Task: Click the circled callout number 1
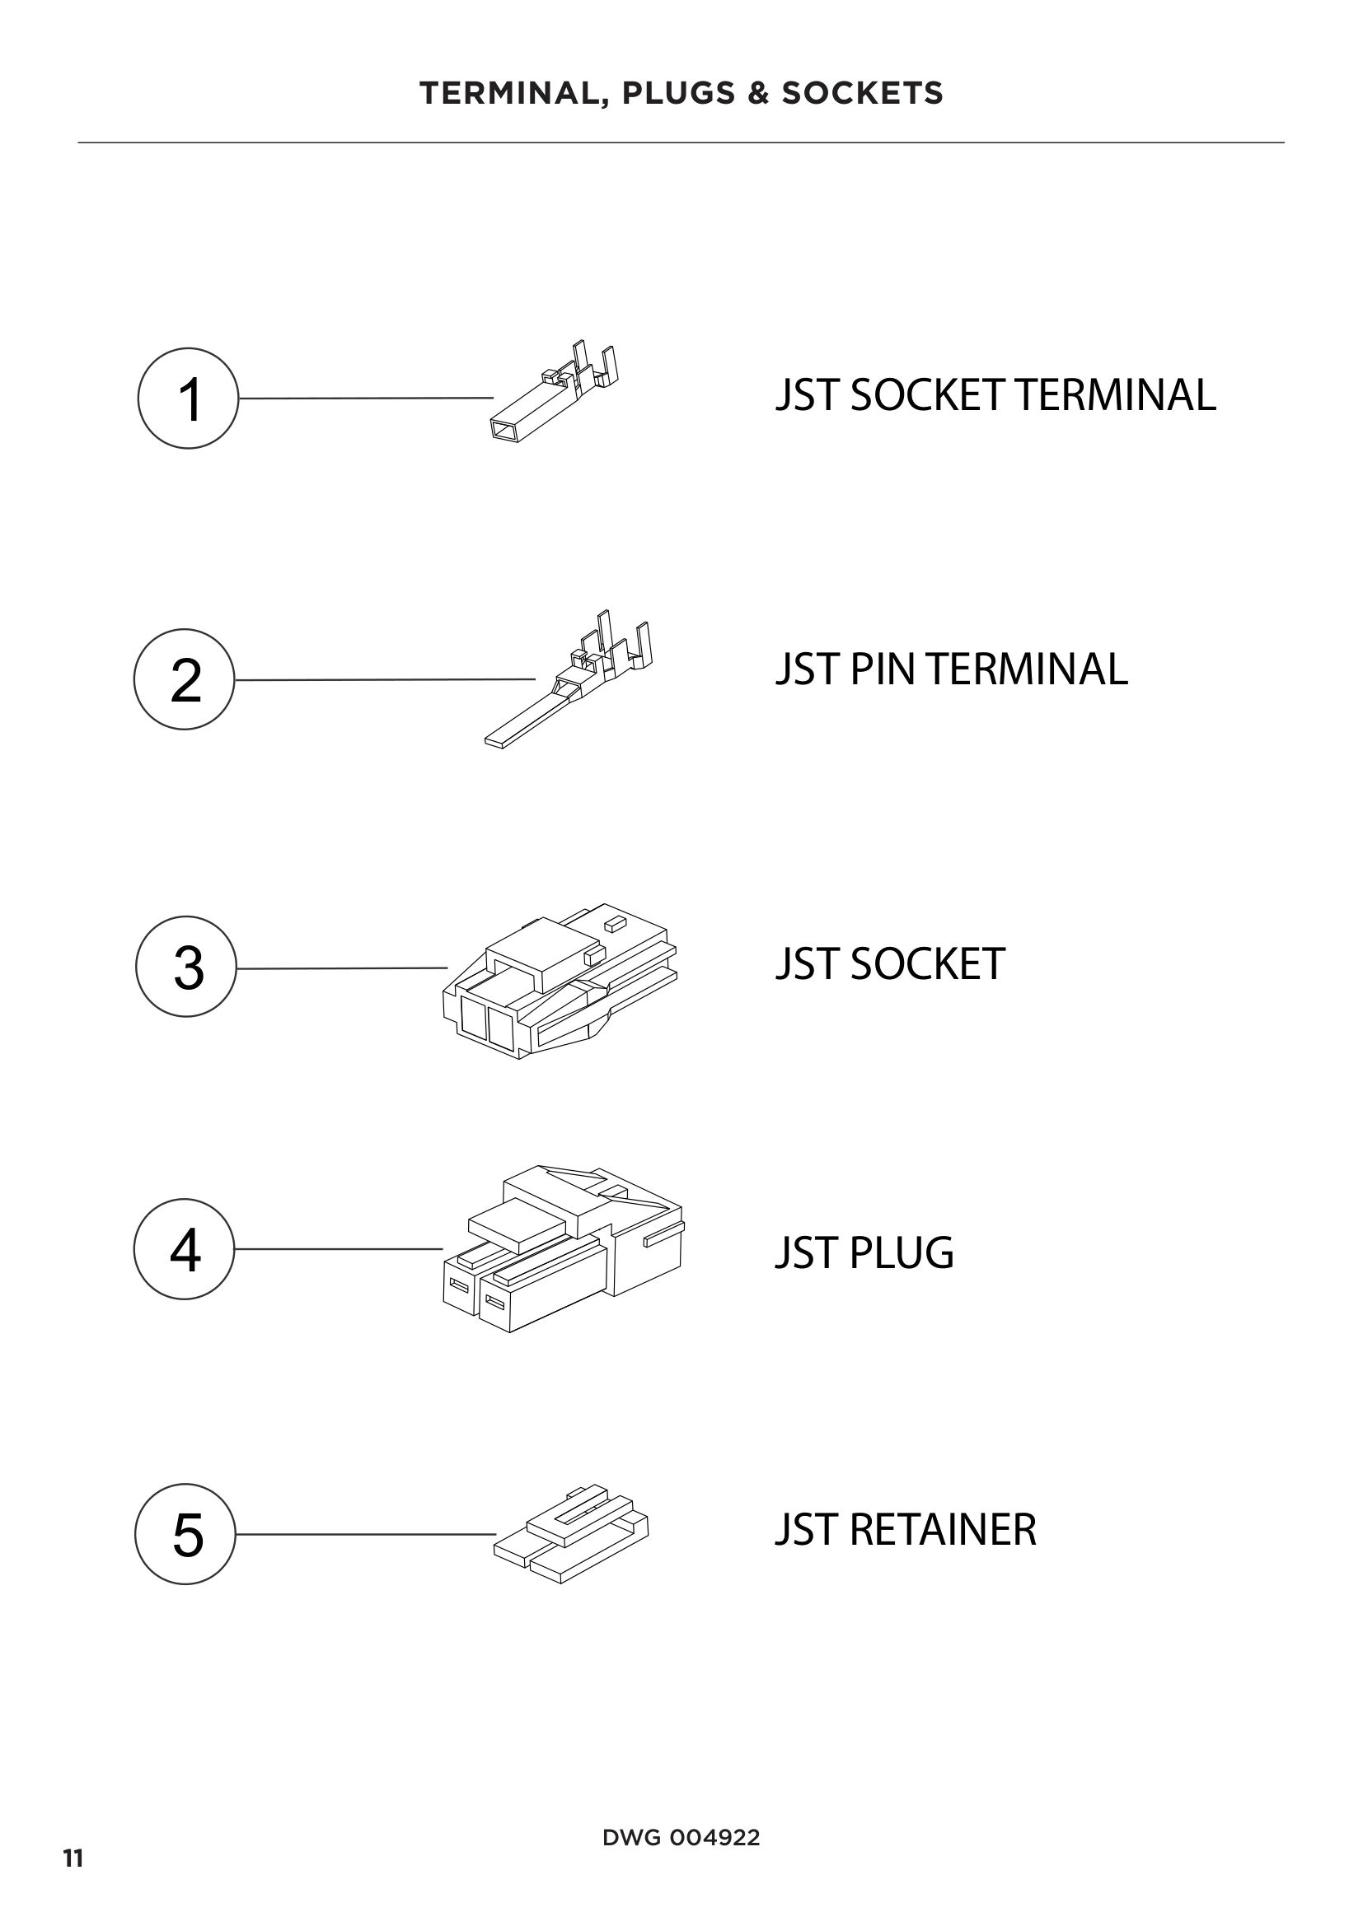188,399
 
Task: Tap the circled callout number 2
185,679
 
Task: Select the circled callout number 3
186,967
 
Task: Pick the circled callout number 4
185,1249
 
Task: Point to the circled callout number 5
185,1534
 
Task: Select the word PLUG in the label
902,1252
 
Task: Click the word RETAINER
943,1529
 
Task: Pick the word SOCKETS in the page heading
862,93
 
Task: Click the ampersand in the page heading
757,93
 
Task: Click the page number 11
73,1859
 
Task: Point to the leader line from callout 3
342,968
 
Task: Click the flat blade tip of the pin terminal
497,742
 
